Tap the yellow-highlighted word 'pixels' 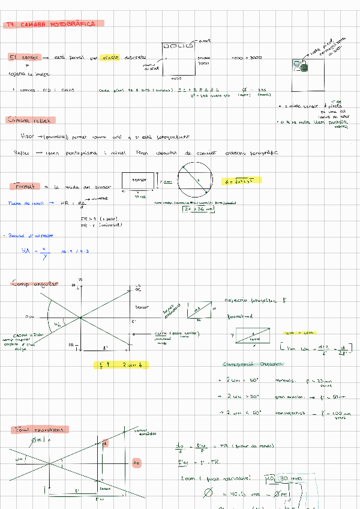coord(110,58)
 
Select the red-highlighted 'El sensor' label coord(24,58)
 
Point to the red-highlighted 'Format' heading coord(26,187)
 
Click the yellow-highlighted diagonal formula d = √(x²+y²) coord(242,181)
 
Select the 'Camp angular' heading coord(35,283)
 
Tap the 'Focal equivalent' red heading coord(40,430)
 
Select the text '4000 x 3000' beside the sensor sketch coord(247,58)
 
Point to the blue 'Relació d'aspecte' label coord(23,236)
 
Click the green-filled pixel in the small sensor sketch coord(304,68)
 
